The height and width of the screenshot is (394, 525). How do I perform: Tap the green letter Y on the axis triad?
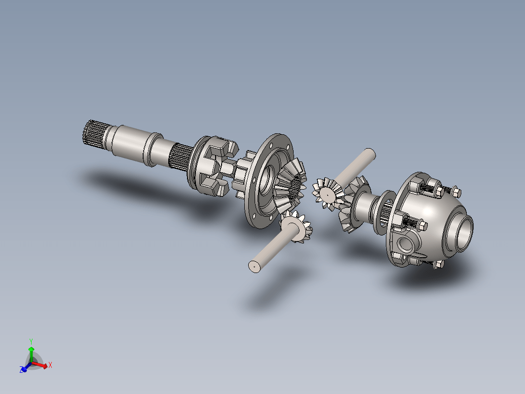(x=31, y=342)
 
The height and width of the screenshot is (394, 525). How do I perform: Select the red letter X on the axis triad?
(x=50, y=365)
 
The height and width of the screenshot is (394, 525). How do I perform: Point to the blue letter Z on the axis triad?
(x=22, y=369)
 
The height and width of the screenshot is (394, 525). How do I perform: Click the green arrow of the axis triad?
(x=31, y=355)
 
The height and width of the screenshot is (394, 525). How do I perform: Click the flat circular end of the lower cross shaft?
(x=255, y=266)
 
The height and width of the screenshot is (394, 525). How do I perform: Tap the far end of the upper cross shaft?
(x=370, y=154)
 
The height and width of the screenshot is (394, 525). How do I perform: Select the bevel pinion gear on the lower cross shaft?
(x=297, y=227)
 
